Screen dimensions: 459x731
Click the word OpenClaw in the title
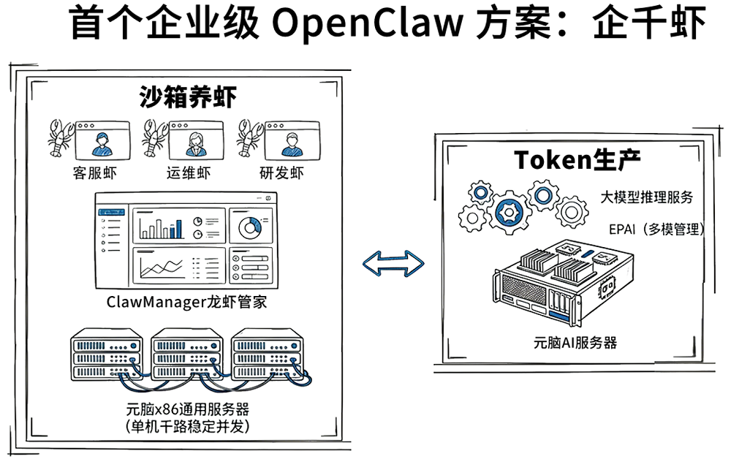(x=368, y=24)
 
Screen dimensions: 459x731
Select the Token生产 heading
(x=577, y=159)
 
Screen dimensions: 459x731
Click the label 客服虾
(x=94, y=173)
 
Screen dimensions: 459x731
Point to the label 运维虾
(x=189, y=173)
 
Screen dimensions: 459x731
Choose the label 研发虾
(x=281, y=173)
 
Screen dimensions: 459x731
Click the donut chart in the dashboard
(x=250, y=227)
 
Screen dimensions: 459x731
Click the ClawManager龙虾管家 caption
(x=186, y=301)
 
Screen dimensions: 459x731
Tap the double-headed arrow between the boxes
(x=394, y=262)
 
